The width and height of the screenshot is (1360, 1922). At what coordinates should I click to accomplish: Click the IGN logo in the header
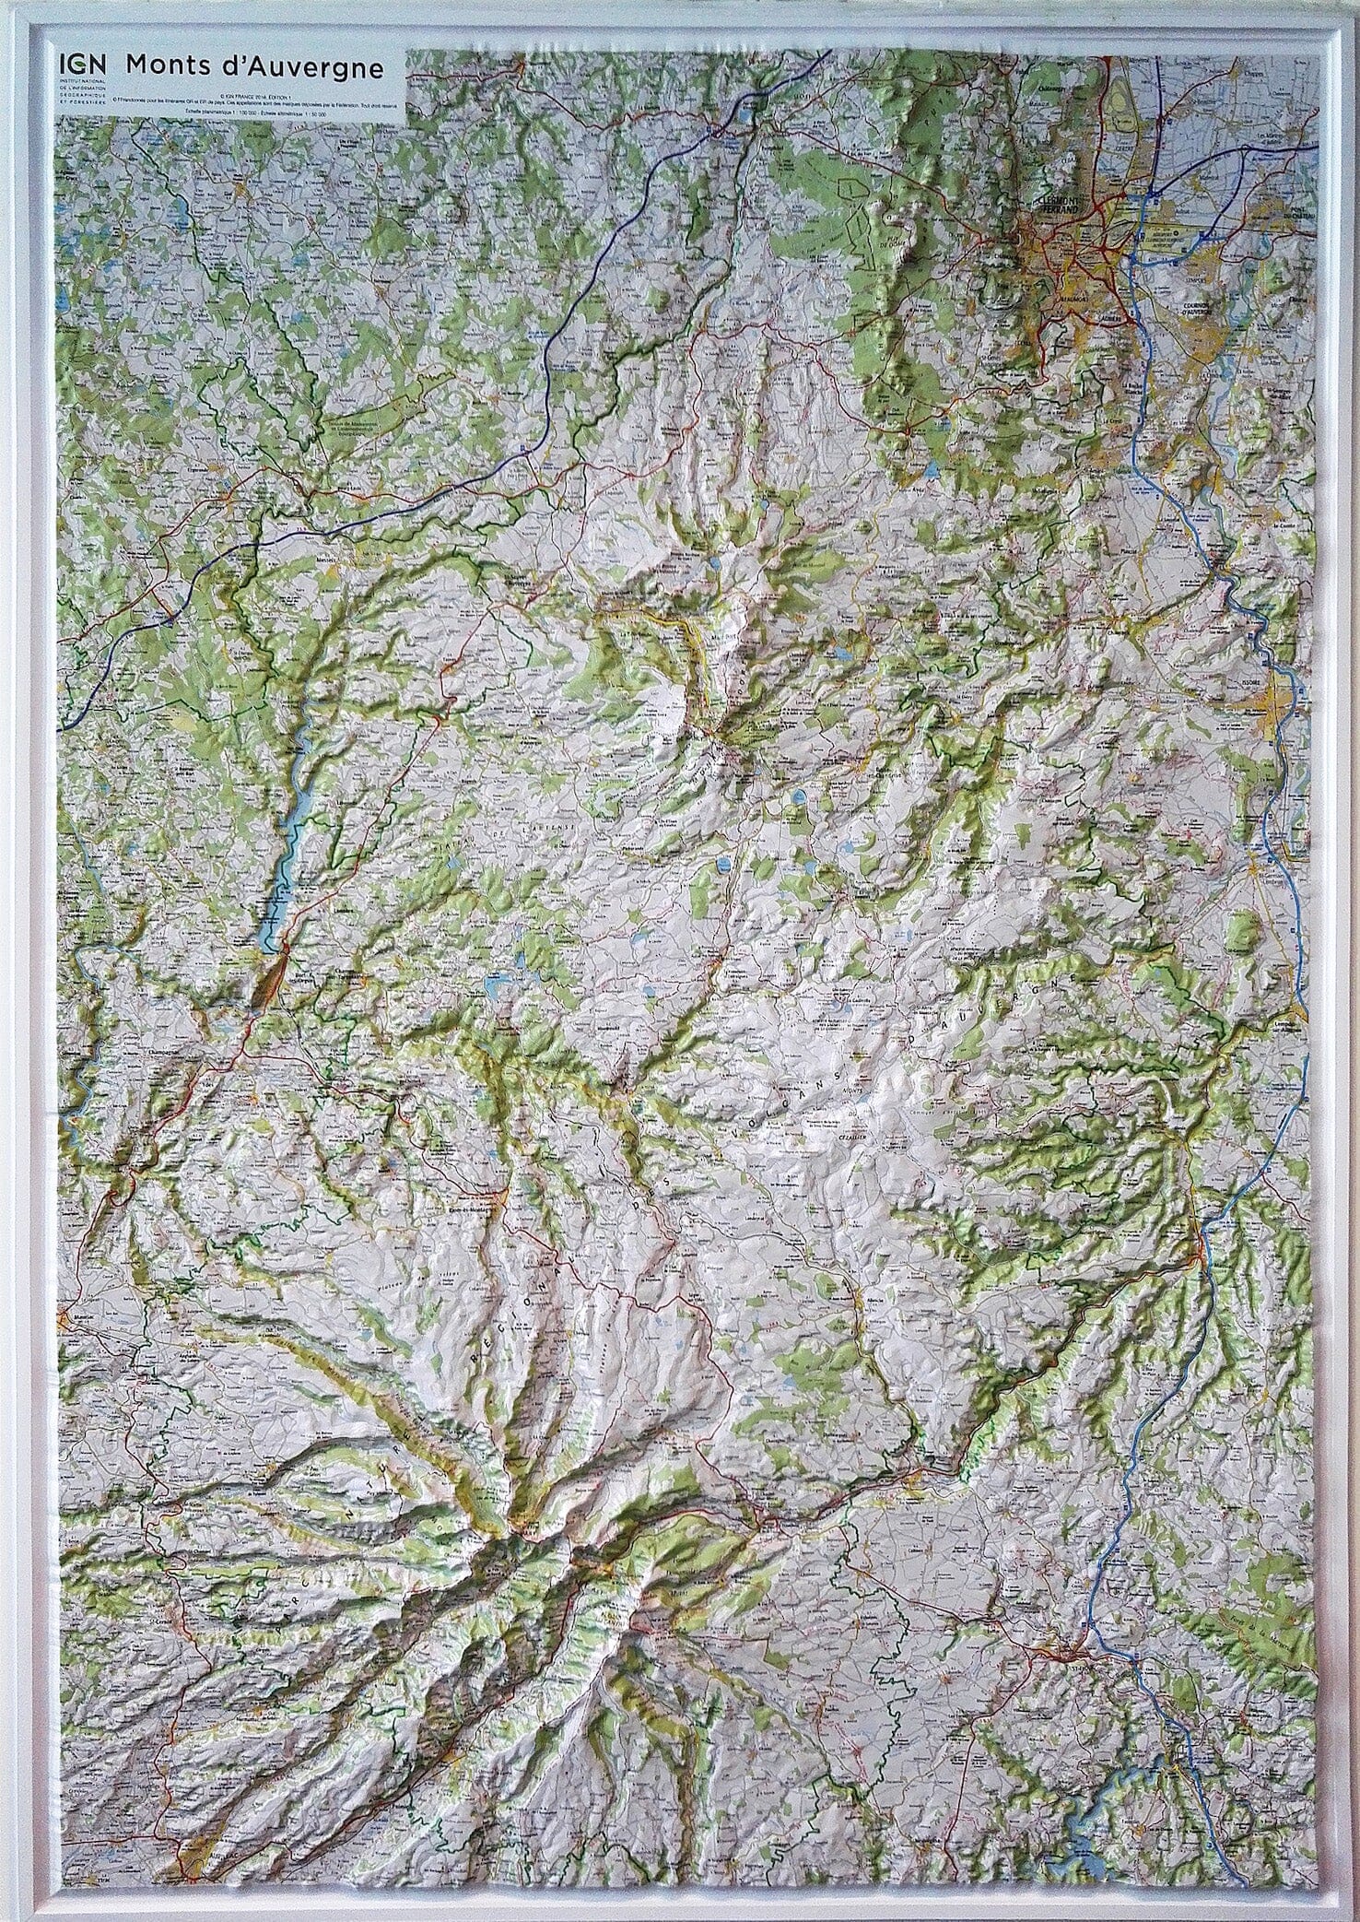point(83,66)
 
